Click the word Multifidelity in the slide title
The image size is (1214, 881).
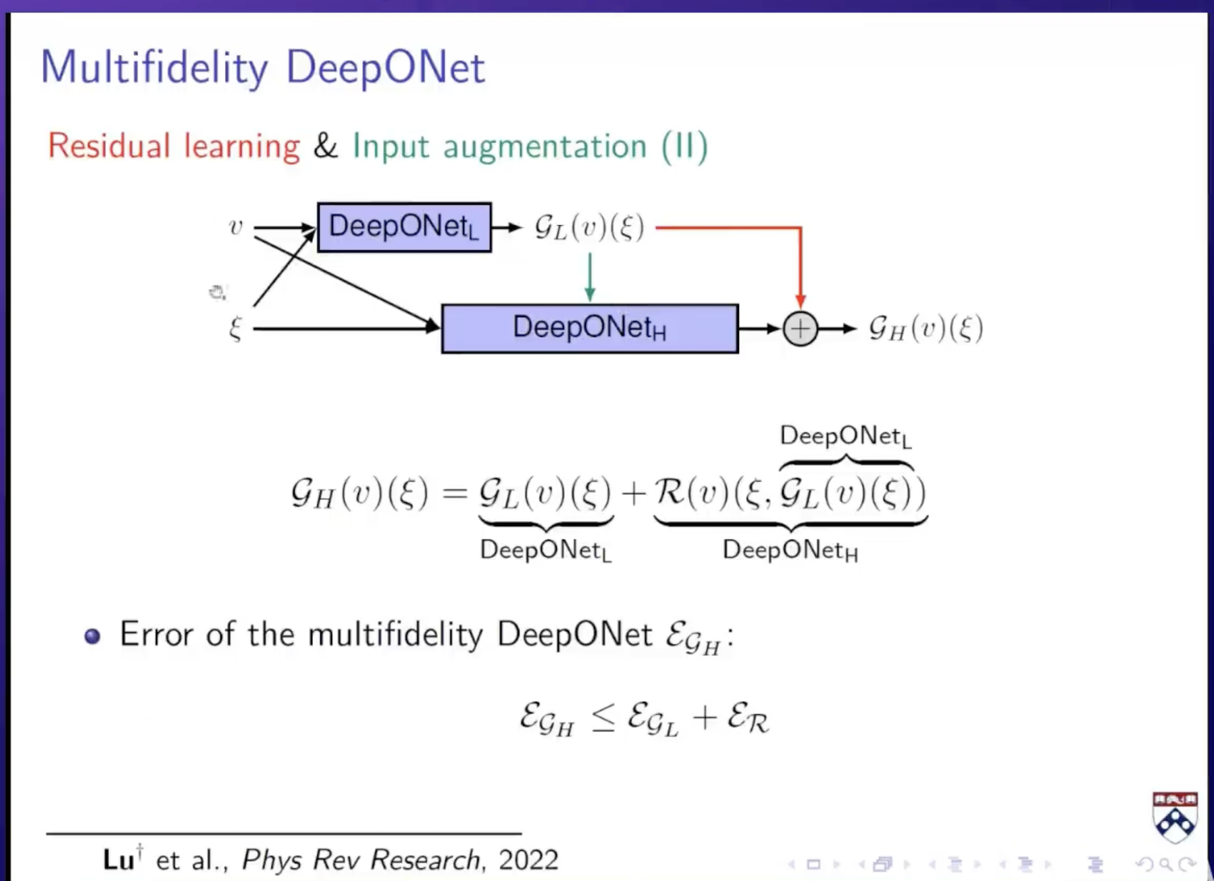tap(155, 67)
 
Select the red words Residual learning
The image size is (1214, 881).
tap(174, 146)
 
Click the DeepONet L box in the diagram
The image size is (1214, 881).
tap(404, 227)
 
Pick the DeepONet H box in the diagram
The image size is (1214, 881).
tap(589, 328)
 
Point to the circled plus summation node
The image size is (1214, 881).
tap(800, 329)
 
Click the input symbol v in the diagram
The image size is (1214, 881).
tap(236, 227)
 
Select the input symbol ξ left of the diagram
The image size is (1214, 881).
tap(236, 328)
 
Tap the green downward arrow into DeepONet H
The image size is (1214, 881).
tap(590, 277)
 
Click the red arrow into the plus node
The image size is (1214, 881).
tap(800, 264)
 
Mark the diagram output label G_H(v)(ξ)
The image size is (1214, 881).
tap(926, 328)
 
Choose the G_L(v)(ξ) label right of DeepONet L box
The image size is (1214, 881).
tap(589, 228)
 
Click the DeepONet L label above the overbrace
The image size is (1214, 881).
tap(845, 437)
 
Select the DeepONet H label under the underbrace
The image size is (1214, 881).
tap(790, 550)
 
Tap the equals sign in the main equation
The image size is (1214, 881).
tap(454, 493)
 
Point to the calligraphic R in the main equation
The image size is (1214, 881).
tap(669, 492)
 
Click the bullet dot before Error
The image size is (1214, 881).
tap(92, 636)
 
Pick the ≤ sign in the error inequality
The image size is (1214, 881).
tap(602, 718)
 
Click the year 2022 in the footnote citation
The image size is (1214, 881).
tap(528, 860)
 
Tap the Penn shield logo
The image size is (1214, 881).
tap(1174, 817)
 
